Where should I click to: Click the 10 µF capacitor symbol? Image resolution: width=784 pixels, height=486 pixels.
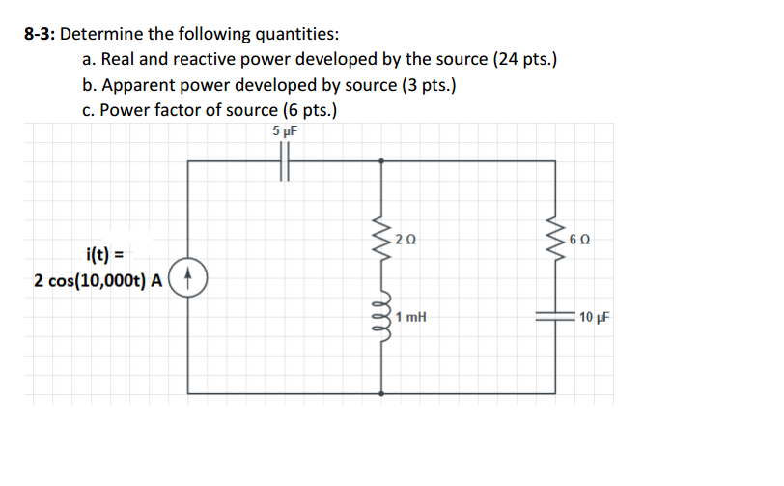coord(556,316)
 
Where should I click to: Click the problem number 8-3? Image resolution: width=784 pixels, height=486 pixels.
coord(41,35)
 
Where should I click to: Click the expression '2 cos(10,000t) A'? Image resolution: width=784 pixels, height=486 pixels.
coord(98,280)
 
